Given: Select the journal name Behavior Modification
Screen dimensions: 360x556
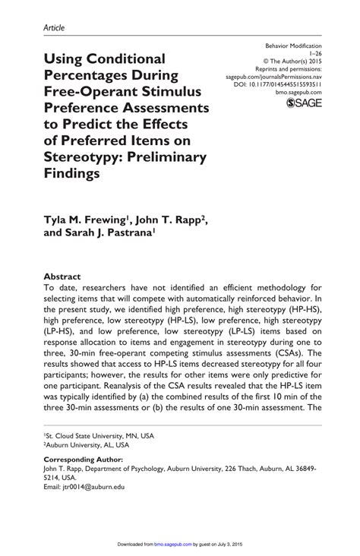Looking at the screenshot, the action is pyautogui.click(x=293, y=46).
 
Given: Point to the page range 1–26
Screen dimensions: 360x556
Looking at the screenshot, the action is pyautogui.click(x=314, y=55).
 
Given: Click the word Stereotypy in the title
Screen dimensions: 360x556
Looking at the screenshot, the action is pyautogui.click(x=85, y=158).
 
